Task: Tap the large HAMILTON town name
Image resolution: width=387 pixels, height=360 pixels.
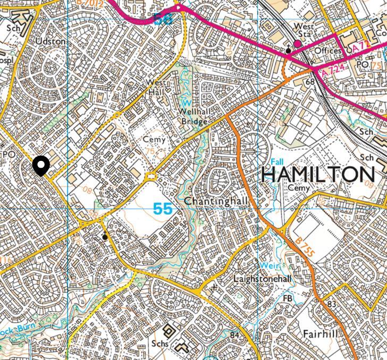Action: click(x=318, y=175)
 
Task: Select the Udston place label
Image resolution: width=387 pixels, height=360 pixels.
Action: click(x=51, y=41)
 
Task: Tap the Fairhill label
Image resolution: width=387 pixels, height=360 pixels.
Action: click(x=321, y=335)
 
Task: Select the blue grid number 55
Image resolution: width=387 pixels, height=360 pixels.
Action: click(x=163, y=209)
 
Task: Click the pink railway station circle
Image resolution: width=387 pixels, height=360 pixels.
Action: click(x=298, y=44)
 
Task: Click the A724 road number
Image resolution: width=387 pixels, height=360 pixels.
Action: click(x=330, y=68)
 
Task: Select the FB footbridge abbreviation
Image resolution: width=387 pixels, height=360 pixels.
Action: click(x=288, y=298)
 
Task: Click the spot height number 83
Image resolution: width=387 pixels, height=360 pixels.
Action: click(x=332, y=304)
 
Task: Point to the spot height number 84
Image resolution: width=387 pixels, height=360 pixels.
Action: click(x=234, y=335)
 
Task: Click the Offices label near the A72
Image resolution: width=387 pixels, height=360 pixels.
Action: click(x=327, y=51)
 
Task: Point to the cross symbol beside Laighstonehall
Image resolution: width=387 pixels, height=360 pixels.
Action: click(x=214, y=287)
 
